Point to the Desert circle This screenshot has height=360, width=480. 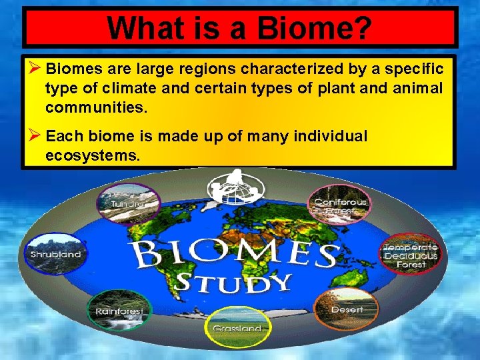click(347, 308)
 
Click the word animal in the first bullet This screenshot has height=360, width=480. click(421, 88)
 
